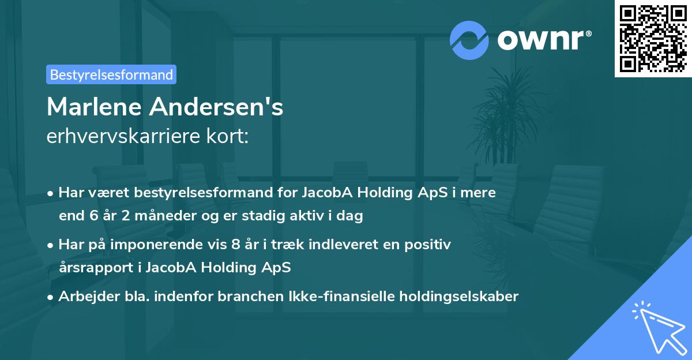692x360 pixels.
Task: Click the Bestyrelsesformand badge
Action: (111, 74)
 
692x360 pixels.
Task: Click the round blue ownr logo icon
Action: (469, 40)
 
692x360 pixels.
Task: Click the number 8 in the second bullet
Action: (235, 244)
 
